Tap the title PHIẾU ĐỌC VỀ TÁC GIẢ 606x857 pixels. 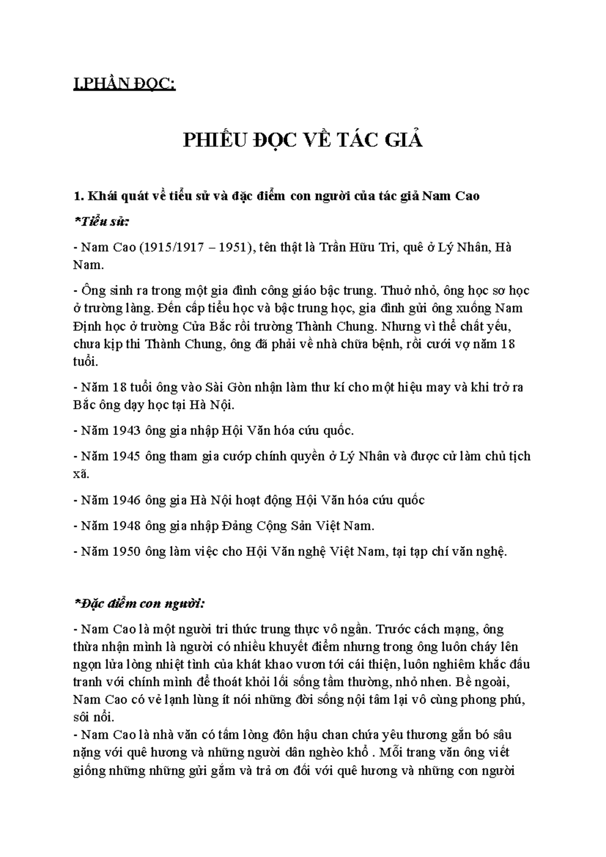pyautogui.click(x=302, y=140)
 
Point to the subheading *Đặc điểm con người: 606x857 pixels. pyautogui.click(x=139, y=603)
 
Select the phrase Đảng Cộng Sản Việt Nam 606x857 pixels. pyautogui.click(x=298, y=526)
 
